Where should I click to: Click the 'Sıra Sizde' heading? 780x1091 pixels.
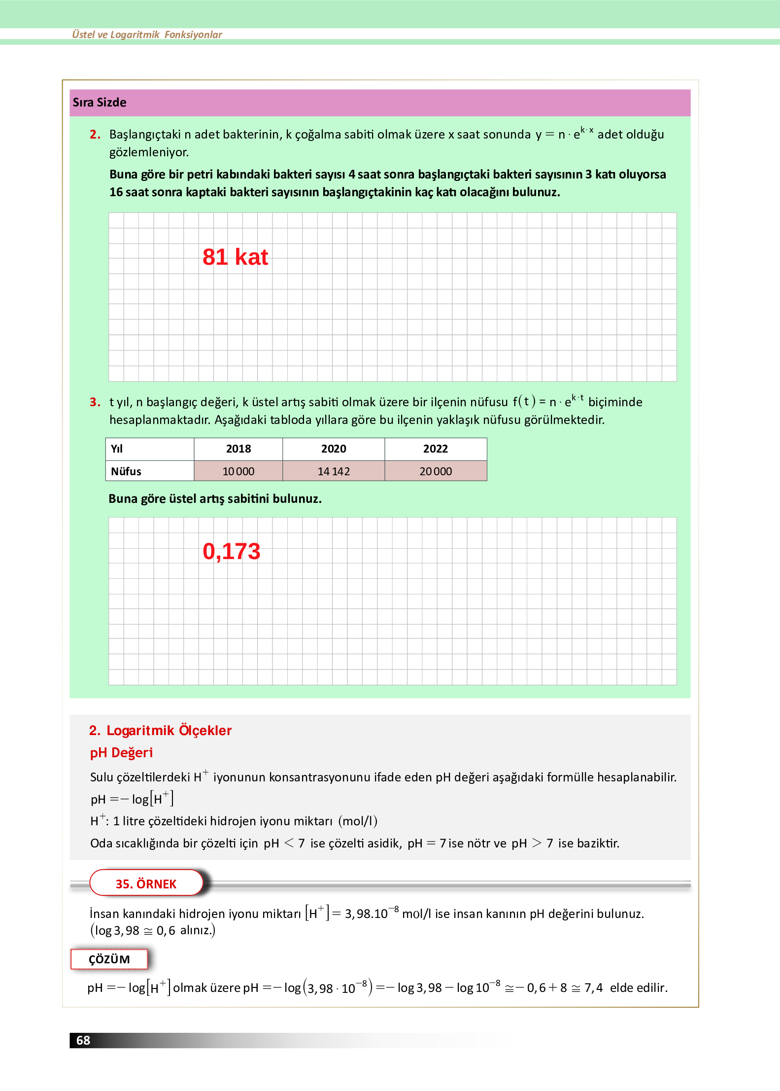tap(100, 103)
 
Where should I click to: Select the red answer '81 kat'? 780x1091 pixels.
tap(235, 257)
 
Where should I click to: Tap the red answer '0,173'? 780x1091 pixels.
tap(231, 551)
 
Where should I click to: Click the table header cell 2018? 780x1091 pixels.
tap(238, 449)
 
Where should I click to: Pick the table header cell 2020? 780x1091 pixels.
tap(334, 449)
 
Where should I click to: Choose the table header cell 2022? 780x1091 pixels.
tap(436, 449)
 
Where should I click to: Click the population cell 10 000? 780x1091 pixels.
tap(238, 471)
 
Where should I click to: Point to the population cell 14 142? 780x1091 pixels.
tap(334, 471)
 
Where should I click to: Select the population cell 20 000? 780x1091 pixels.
tap(436, 471)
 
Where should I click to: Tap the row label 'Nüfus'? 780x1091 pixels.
tap(126, 471)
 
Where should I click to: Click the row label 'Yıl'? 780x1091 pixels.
tap(117, 449)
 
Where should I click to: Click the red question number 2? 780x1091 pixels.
tap(95, 135)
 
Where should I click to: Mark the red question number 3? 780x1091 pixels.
tap(95, 402)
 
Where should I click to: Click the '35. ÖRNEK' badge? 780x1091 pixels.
tap(146, 883)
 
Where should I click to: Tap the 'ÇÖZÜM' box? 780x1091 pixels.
tap(109, 959)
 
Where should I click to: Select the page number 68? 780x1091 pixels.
tap(83, 1040)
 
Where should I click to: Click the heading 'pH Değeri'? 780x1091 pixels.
tap(121, 753)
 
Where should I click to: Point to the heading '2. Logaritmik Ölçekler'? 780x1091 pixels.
tap(160, 731)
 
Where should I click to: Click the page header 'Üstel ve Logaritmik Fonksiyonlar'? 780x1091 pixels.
tap(147, 35)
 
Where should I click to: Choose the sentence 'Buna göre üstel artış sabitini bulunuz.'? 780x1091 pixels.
tap(215, 499)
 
